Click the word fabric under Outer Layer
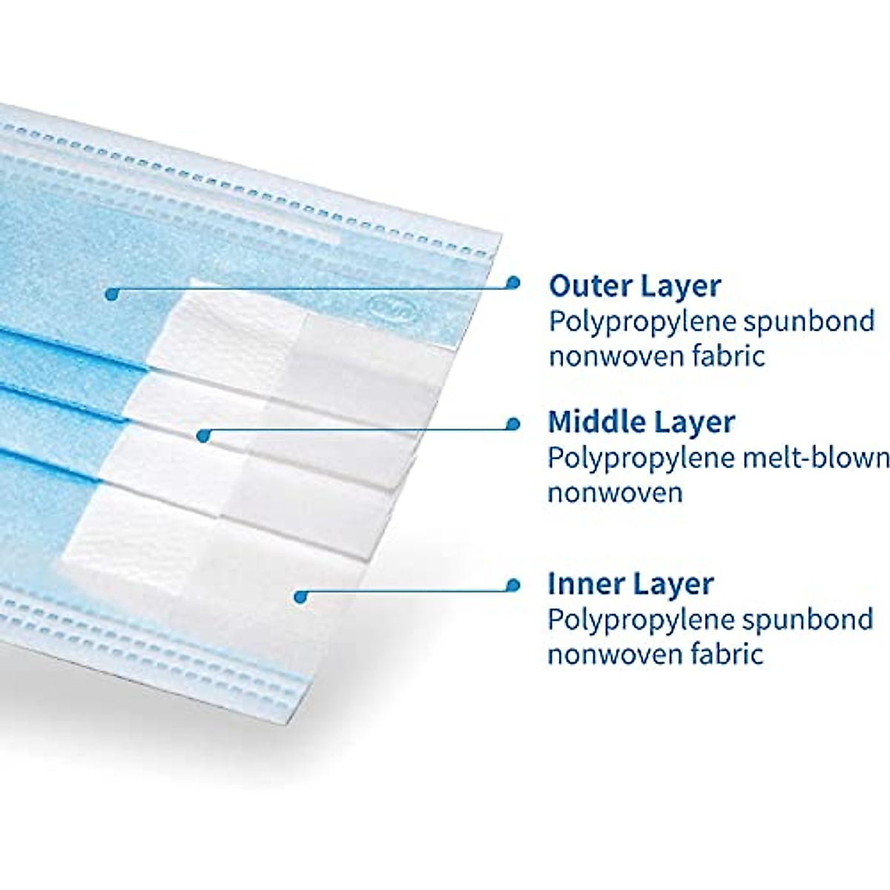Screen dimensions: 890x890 pos(728,357)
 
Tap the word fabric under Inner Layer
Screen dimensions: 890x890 pos(726,654)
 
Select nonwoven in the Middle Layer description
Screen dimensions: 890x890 pos(615,492)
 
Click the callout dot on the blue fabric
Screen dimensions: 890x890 pos(111,294)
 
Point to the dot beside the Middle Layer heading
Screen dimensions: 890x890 pos(512,423)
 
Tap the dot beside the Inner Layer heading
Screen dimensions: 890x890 pos(512,585)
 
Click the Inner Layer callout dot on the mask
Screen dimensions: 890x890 pos(300,596)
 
